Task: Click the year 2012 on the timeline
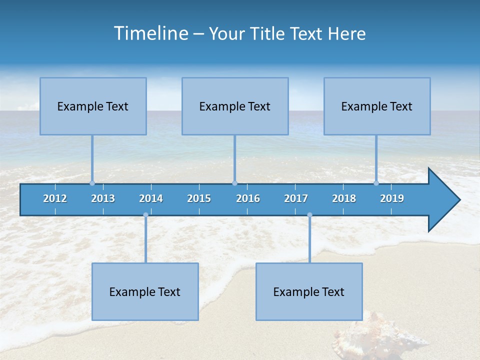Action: pyautogui.click(x=55, y=198)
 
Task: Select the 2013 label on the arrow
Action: pyautogui.click(x=103, y=198)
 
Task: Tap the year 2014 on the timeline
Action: pyautogui.click(x=151, y=198)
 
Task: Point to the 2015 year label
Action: pyautogui.click(x=199, y=198)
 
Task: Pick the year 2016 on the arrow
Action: pyautogui.click(x=248, y=198)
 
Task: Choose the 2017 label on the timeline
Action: pyautogui.click(x=296, y=198)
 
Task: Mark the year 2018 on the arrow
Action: pyautogui.click(x=344, y=198)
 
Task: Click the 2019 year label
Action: pyautogui.click(x=392, y=198)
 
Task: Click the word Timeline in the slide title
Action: pyautogui.click(x=150, y=33)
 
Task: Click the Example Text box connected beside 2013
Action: pyautogui.click(x=93, y=106)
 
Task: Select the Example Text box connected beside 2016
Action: pyautogui.click(x=235, y=106)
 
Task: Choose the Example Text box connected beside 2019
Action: pyautogui.click(x=377, y=106)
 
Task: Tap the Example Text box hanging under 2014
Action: pyautogui.click(x=145, y=291)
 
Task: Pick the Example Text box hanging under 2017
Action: pyautogui.click(x=309, y=291)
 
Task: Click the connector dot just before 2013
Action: pyautogui.click(x=92, y=183)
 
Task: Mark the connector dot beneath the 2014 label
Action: pyautogui.click(x=145, y=215)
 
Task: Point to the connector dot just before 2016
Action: pyautogui.click(x=234, y=183)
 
